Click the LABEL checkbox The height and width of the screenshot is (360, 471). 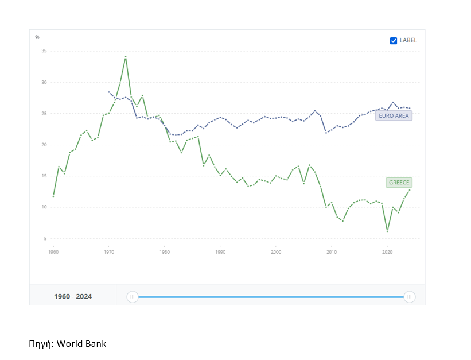click(x=394, y=41)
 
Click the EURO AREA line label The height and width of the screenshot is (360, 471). click(x=394, y=116)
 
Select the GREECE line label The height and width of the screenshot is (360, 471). click(x=399, y=183)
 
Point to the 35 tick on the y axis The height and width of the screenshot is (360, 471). click(x=44, y=51)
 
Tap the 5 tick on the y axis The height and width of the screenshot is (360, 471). click(x=44, y=238)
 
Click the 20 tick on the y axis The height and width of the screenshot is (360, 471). click(x=44, y=145)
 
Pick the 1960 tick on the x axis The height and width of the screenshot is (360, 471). click(x=53, y=251)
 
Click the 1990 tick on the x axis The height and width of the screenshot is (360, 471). click(x=220, y=251)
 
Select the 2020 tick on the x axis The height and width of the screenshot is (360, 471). click(x=387, y=251)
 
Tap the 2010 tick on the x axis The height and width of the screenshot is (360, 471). click(x=332, y=251)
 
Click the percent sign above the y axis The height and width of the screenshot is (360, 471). click(x=37, y=37)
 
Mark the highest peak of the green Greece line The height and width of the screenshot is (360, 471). click(x=126, y=56)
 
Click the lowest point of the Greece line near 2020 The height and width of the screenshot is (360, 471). click(x=388, y=231)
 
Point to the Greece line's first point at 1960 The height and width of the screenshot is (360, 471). click(x=53, y=196)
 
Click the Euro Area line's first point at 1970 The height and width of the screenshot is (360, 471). click(x=109, y=92)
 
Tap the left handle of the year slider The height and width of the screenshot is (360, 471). click(x=133, y=297)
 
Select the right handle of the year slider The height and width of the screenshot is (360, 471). click(x=410, y=297)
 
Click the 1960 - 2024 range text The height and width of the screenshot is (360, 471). click(x=73, y=297)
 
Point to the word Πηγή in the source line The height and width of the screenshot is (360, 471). click(x=41, y=344)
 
